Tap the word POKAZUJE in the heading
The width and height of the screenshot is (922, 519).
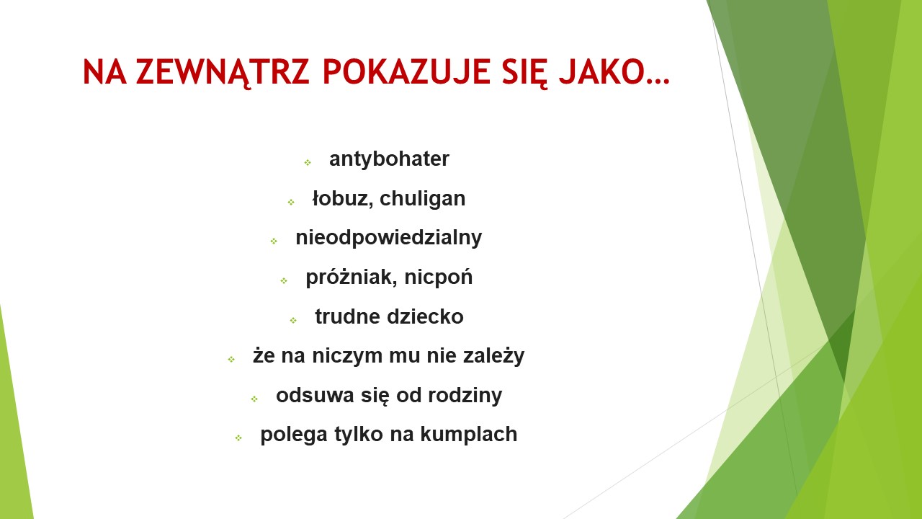pyautogui.click(x=406, y=71)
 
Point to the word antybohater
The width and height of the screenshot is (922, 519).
pyautogui.click(x=389, y=159)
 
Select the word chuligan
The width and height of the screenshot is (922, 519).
pyautogui.click(x=422, y=199)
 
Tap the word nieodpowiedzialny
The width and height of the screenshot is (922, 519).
pyautogui.click(x=388, y=238)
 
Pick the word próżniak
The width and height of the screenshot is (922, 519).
pyautogui.click(x=352, y=278)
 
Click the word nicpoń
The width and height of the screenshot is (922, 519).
pyautogui.click(x=439, y=278)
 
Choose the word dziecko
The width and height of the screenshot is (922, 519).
pyautogui.click(x=425, y=316)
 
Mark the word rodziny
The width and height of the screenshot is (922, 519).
pyautogui.click(x=465, y=396)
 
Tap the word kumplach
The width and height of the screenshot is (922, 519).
pyautogui.click(x=468, y=435)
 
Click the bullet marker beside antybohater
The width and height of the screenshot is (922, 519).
pyautogui.click(x=308, y=162)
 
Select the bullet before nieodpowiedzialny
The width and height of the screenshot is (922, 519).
pyautogui.click(x=274, y=241)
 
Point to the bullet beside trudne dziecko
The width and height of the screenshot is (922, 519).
pyautogui.click(x=293, y=320)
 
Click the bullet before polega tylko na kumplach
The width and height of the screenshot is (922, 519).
pyautogui.click(x=238, y=438)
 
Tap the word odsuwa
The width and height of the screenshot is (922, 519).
pyautogui.click(x=315, y=396)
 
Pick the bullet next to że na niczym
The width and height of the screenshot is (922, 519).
pyautogui.click(x=231, y=359)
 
